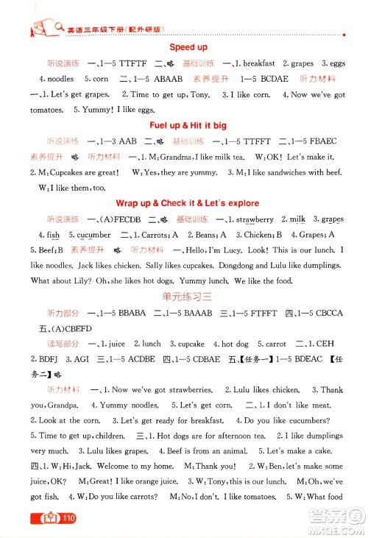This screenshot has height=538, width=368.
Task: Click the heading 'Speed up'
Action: pyautogui.click(x=189, y=47)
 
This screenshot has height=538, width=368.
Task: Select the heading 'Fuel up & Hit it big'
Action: pyautogui.click(x=188, y=125)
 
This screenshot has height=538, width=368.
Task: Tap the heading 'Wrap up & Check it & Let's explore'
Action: pyautogui.click(x=189, y=202)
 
